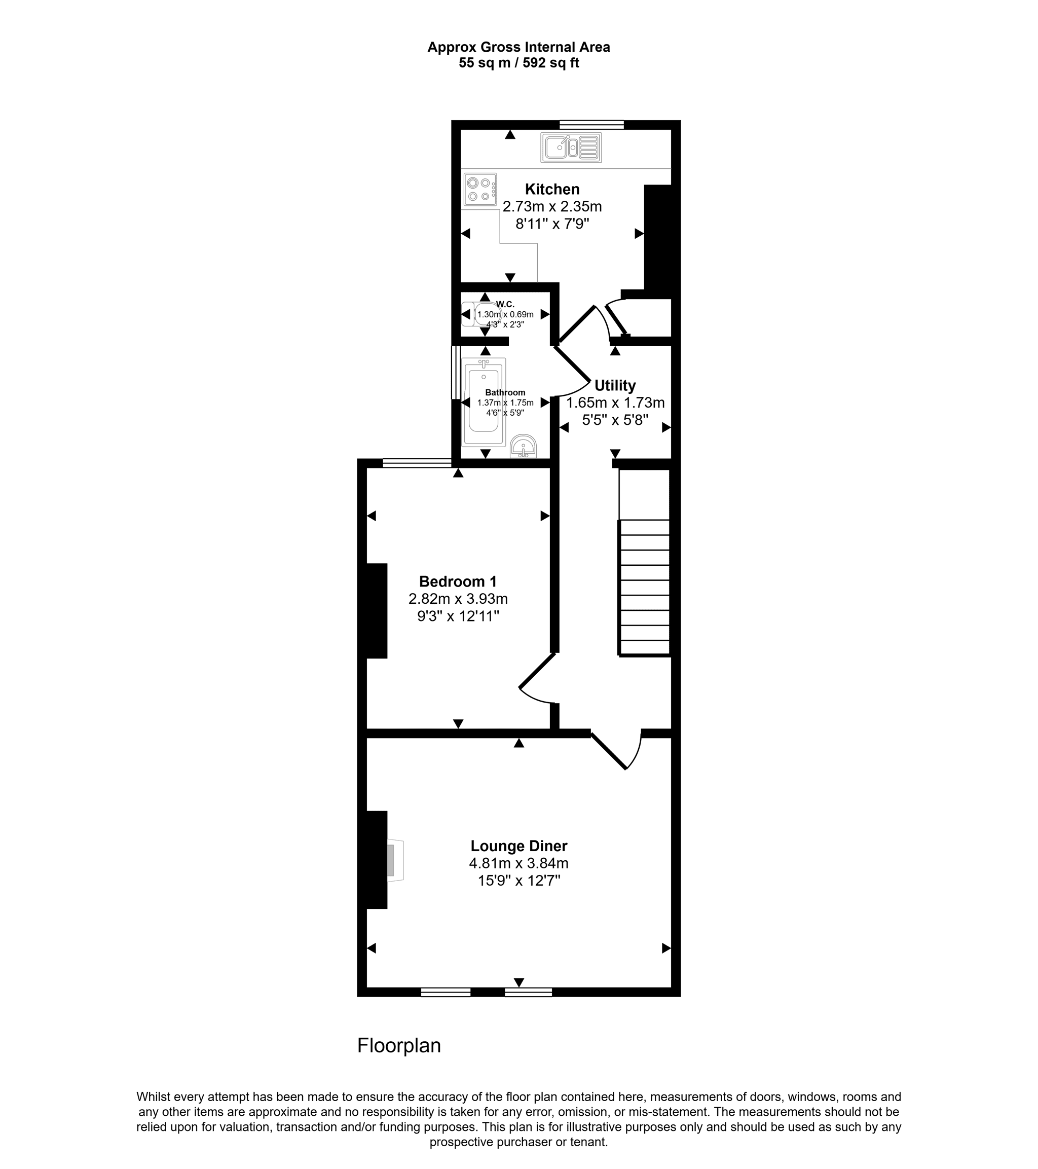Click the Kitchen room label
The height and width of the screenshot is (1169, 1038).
552,189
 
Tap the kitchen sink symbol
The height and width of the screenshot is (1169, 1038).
571,148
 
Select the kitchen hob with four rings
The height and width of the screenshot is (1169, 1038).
480,189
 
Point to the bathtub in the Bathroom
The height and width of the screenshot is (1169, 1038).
484,401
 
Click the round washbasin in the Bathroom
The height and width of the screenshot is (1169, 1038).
523,446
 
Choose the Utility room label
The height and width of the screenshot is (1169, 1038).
615,385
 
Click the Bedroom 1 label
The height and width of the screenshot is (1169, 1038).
458,581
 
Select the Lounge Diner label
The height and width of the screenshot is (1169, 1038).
518,846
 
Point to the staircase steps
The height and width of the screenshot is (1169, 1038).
644,587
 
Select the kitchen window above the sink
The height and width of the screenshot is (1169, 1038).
591,124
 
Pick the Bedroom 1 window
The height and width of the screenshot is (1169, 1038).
417,463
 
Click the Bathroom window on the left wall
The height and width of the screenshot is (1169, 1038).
456,372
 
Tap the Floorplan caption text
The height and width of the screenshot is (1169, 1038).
399,1046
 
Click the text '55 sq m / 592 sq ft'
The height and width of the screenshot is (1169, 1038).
518,63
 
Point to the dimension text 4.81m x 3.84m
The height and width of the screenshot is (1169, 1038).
518,863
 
